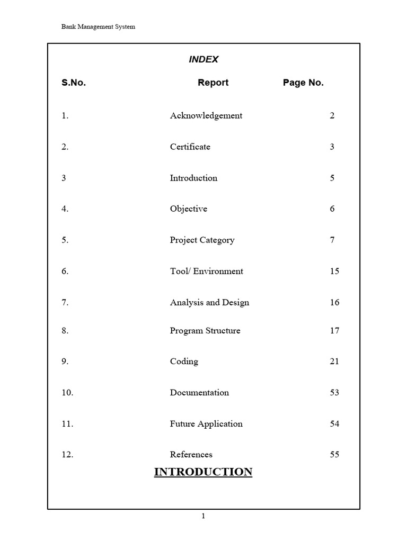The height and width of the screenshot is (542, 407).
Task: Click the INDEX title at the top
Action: (203, 60)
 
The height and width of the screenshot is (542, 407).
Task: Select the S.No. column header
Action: (74, 83)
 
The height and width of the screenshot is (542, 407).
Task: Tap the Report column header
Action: (213, 83)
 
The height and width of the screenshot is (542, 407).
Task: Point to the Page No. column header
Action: (303, 83)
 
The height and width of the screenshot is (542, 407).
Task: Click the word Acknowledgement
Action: (206, 116)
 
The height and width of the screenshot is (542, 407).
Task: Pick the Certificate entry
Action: (190, 147)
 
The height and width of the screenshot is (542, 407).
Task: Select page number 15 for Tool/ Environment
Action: (334, 272)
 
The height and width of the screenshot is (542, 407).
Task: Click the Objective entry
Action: (188, 209)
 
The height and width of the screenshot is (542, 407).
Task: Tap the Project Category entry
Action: (202, 240)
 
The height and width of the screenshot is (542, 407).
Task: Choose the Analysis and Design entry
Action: (209, 303)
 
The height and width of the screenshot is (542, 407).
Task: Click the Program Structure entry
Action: (205, 331)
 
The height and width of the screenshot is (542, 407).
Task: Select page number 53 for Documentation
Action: (334, 393)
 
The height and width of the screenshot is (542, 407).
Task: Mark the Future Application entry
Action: (206, 424)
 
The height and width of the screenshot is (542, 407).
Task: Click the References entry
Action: (191, 455)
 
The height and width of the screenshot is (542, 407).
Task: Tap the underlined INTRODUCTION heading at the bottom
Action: (203, 472)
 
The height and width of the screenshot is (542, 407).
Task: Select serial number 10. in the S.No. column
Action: (67, 393)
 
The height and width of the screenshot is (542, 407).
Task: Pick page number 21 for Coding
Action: (334, 362)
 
